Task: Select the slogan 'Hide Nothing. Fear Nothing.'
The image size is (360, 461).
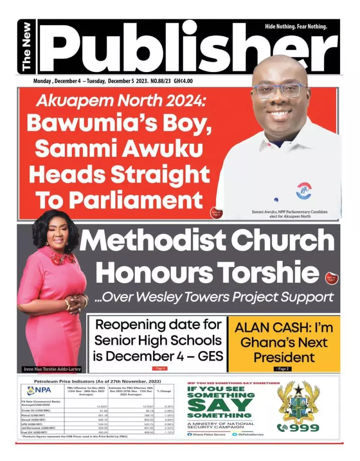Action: [x=296, y=27]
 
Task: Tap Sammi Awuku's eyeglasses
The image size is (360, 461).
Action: [x=279, y=90]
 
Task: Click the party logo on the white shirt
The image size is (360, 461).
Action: [x=304, y=190]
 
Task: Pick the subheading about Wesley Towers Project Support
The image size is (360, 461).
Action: [x=214, y=297]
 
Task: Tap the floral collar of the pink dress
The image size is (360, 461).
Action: [x=63, y=258]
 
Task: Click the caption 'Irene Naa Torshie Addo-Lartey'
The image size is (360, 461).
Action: [x=52, y=369]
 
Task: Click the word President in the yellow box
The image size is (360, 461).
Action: [x=284, y=357]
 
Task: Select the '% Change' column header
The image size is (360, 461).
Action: [x=164, y=391]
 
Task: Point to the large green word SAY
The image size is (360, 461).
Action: [x=220, y=404]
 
